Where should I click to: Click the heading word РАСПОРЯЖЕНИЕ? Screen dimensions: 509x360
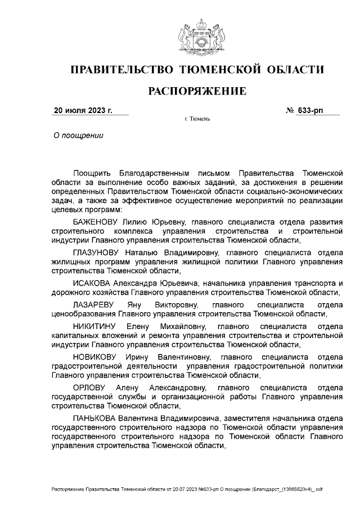coord(197,91)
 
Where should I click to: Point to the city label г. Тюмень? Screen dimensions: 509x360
coord(196,120)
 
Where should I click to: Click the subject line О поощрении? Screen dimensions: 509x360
coord(78,136)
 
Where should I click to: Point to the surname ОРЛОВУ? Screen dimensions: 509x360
coord(88,388)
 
